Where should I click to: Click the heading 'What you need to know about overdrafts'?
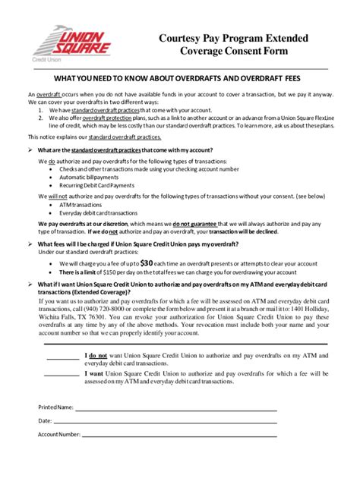(x=179, y=78)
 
